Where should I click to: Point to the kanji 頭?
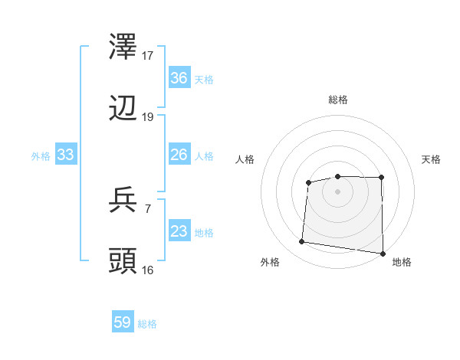[123, 261]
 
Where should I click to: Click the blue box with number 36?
[179, 78]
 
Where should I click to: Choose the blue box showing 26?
[179, 155]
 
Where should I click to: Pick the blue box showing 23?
[179, 232]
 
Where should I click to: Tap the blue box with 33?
[66, 155]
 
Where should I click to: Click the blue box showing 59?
[123, 322]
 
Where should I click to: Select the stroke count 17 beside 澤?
[148, 55]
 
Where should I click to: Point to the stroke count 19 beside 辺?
[148, 116]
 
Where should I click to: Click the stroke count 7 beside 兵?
[148, 208]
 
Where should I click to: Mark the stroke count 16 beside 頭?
[148, 270]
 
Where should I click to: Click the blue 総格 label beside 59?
[148, 324]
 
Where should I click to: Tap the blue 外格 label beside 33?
[41, 156]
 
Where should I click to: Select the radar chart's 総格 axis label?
[338, 100]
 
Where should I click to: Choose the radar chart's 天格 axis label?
[432, 159]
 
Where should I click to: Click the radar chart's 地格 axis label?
[402, 262]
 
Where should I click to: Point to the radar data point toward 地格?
[383, 254]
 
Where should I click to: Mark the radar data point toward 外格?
[302, 242]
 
